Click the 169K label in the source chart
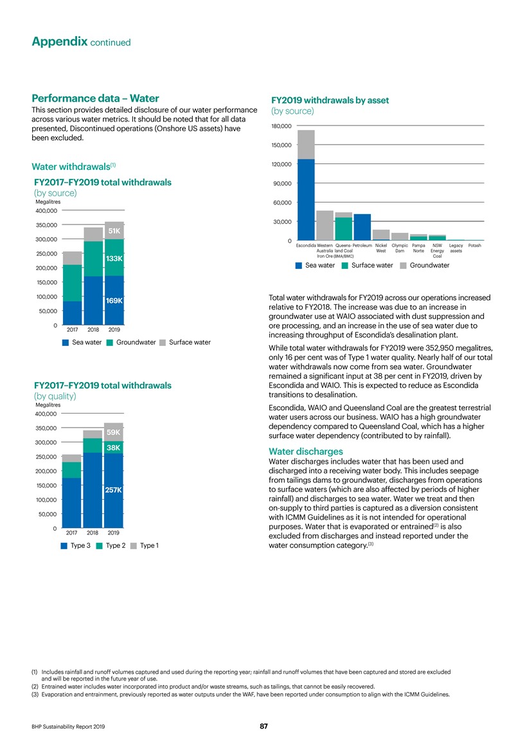114,300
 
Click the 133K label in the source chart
114,259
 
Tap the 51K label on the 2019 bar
114,231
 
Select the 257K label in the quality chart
114,491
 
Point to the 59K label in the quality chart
114,432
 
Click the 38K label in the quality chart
114,448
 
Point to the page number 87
263,726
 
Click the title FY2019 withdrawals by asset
330,100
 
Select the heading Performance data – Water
96,99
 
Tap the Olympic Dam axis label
400,249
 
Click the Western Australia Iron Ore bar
325,224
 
